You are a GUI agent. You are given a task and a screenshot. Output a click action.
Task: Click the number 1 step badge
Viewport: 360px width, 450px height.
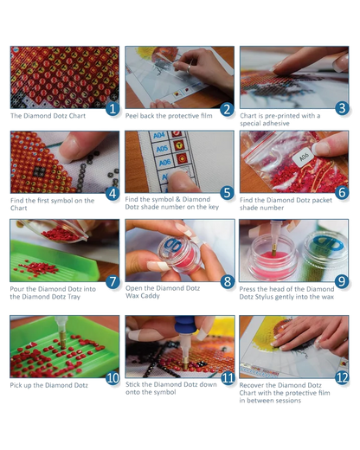[x=112, y=109]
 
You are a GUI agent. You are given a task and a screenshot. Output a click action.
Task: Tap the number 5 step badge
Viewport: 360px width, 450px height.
[x=227, y=193]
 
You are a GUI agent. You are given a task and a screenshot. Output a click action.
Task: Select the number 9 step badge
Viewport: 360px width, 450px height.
[x=342, y=281]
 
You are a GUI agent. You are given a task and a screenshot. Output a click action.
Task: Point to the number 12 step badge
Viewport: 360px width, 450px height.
[x=342, y=377]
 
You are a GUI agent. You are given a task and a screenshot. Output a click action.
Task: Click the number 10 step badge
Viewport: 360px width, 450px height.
[x=112, y=378]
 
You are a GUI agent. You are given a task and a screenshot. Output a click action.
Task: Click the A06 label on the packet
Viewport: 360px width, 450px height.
[x=303, y=157]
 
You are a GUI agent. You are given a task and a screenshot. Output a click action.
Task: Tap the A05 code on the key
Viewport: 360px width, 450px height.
[x=162, y=149]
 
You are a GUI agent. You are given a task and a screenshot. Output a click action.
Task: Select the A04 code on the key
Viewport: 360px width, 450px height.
[x=159, y=135]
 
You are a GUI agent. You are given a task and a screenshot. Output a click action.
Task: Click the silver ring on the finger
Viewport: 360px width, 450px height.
[x=189, y=69]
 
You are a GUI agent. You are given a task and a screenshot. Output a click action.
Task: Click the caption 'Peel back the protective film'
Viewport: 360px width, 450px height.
[x=169, y=116]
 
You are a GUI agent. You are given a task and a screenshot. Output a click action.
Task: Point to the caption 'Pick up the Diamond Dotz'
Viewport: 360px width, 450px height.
[x=49, y=385]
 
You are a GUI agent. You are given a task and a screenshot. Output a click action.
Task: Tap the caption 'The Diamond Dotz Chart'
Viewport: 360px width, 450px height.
[x=48, y=116]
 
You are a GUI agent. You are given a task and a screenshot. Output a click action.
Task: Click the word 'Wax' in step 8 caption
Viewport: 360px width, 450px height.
[x=132, y=296]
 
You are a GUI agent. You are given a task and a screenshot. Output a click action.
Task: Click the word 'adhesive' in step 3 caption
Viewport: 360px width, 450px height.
[x=277, y=124]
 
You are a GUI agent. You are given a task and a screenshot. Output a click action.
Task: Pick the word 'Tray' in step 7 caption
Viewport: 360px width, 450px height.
[x=74, y=297]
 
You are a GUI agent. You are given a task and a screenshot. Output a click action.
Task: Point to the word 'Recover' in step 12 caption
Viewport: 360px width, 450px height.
[x=251, y=385]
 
